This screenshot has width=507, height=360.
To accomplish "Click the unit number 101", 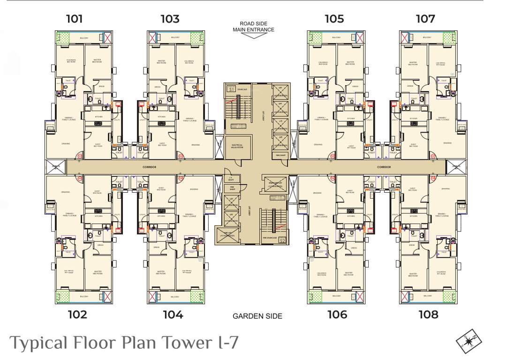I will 74,19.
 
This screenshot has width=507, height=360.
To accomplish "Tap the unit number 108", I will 428,314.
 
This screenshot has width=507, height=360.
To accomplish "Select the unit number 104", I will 173,314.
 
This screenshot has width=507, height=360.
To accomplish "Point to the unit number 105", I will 334,19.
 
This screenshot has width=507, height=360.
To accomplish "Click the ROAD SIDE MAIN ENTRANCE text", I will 253,27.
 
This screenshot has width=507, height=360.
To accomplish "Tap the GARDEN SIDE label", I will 257,316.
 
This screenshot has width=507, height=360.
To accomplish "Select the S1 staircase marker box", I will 231,89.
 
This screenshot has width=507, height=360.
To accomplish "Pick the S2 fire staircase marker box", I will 282,241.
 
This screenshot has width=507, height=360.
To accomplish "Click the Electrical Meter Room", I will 237,146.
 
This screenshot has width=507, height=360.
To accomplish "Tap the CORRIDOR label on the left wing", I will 149,167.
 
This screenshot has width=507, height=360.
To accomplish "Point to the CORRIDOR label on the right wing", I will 384,167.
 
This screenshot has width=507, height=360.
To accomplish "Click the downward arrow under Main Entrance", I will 253,35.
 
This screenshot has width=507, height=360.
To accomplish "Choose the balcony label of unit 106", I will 336,296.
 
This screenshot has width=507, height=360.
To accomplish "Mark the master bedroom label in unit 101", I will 97,61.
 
